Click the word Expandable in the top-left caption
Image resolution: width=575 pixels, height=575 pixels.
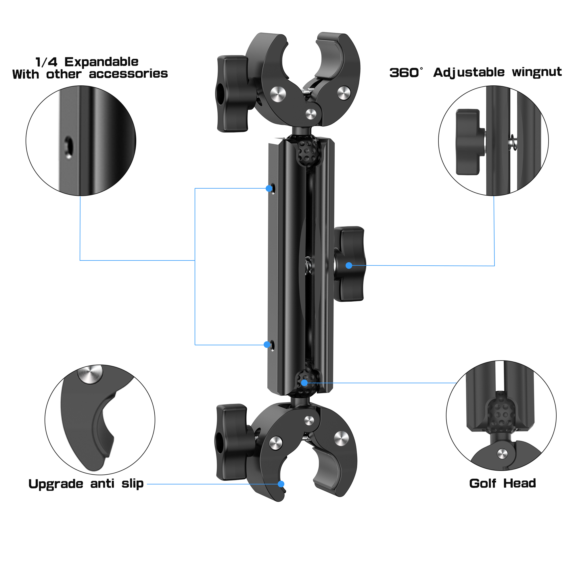(101, 62)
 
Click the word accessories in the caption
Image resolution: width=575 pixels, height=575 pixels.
(128, 74)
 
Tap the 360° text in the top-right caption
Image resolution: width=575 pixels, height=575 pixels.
(405, 73)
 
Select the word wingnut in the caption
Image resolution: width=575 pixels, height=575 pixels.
(536, 72)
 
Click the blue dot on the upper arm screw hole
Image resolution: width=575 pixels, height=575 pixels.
(269, 188)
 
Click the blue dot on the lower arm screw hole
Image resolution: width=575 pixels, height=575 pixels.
(267, 344)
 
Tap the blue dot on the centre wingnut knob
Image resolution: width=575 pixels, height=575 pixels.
(349, 265)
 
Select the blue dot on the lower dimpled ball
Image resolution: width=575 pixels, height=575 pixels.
(304, 383)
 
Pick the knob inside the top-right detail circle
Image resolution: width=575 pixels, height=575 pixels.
(468, 142)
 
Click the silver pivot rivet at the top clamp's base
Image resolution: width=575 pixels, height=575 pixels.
(311, 114)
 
